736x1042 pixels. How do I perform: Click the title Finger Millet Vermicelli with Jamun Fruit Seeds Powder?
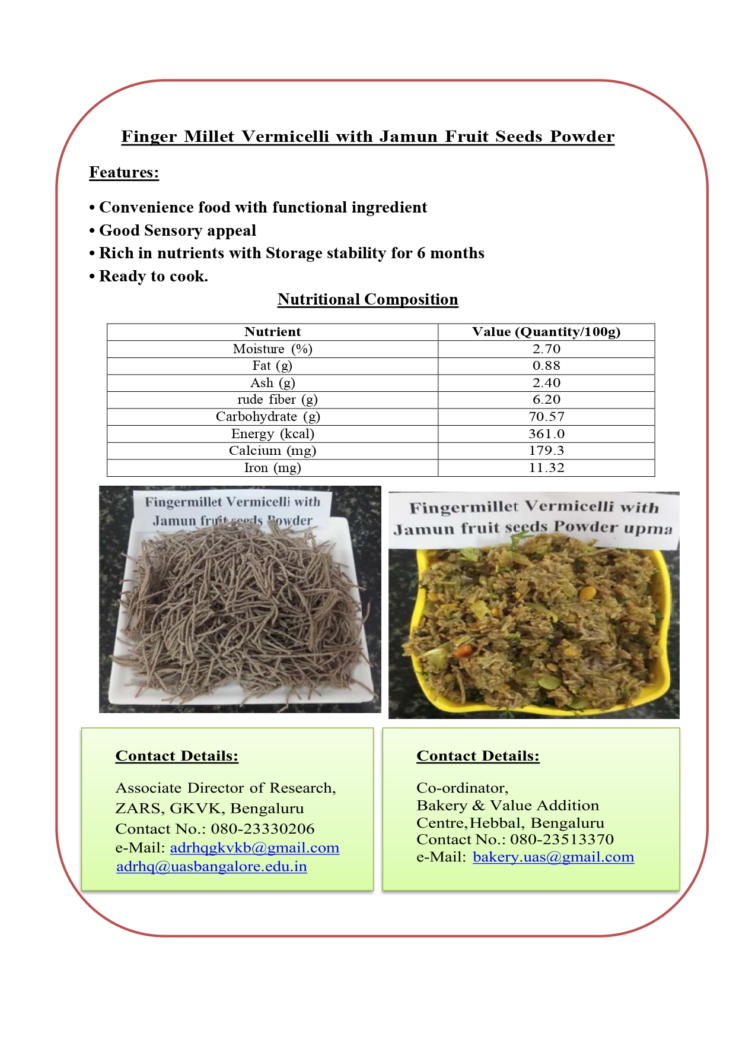(x=368, y=137)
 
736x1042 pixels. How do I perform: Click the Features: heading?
(x=124, y=172)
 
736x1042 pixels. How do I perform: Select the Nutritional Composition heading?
(x=368, y=299)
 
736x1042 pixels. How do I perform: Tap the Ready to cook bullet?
(x=153, y=276)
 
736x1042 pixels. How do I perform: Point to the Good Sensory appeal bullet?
(x=177, y=230)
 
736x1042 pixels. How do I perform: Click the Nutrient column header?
(x=272, y=332)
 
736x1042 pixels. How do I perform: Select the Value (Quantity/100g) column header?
(x=546, y=332)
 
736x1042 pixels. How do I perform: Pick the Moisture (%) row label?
(x=272, y=349)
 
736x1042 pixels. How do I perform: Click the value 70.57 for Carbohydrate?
(x=546, y=417)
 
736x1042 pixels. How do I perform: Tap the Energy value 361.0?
(x=546, y=434)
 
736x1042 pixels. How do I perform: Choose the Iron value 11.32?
(x=546, y=468)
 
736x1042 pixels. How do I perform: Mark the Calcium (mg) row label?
(x=272, y=451)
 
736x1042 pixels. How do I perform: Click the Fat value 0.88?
(x=546, y=366)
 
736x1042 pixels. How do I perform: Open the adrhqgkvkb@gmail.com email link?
(x=254, y=848)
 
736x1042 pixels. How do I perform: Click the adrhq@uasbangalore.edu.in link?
(x=212, y=867)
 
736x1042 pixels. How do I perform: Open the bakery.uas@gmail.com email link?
(x=553, y=857)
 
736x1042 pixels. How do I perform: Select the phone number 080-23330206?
(x=263, y=829)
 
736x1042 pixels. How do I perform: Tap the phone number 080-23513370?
(x=562, y=840)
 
